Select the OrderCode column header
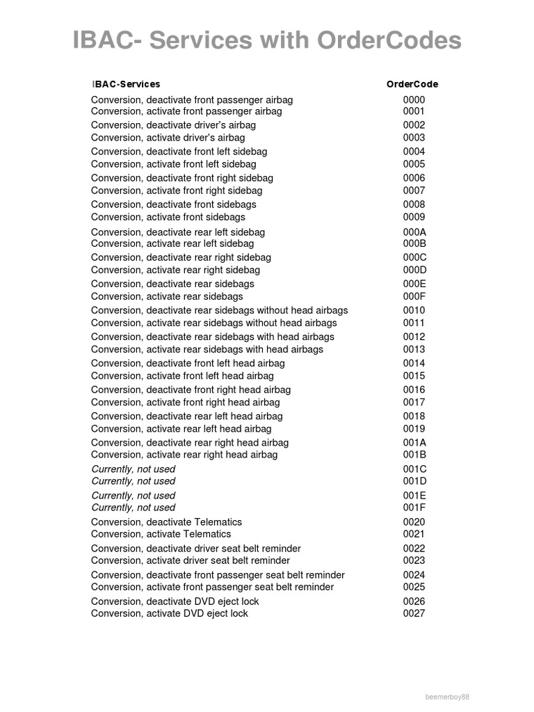point(412,84)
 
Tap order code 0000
point(414,100)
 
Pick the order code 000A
point(414,232)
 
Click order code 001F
point(414,508)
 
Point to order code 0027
point(414,613)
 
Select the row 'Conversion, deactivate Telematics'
point(166,522)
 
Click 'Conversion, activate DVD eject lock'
point(169,613)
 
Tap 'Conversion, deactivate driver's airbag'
point(173,125)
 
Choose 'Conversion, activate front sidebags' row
point(168,217)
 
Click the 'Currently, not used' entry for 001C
point(133,469)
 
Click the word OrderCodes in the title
point(389,41)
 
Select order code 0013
point(414,349)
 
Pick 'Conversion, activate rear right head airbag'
point(184,455)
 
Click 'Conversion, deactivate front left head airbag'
point(188,363)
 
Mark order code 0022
point(414,549)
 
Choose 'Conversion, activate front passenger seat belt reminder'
point(212,587)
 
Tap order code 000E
point(414,284)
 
